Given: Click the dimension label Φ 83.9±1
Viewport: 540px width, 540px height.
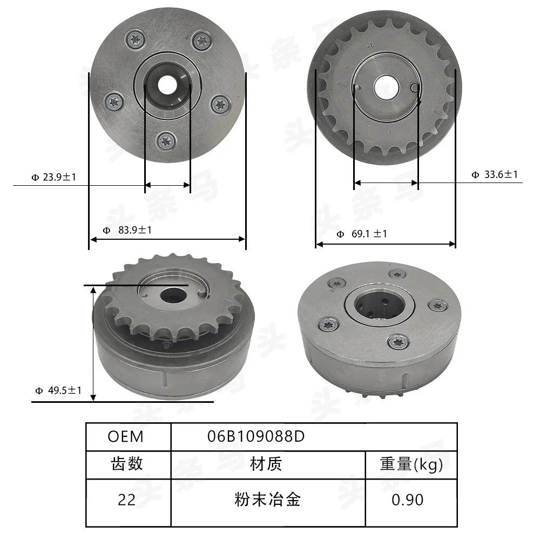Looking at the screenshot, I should tap(127, 230).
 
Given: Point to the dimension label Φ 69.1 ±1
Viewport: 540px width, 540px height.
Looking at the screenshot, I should tap(361, 234).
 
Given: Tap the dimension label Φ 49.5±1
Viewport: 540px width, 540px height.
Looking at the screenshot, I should tap(58, 390).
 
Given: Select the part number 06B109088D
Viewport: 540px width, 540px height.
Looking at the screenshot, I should tap(256, 436).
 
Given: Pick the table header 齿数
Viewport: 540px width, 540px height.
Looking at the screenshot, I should tap(127, 464).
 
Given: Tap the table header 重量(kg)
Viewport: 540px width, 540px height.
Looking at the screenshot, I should tap(411, 464).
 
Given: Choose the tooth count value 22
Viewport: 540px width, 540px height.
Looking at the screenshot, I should tap(127, 500).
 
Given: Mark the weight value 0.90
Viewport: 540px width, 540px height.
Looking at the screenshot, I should tap(408, 500).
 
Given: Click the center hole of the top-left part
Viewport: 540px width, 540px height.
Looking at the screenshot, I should tap(167, 83).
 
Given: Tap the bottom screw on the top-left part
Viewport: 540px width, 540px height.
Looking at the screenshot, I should tap(167, 141).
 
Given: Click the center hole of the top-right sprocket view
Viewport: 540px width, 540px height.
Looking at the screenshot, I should tap(385, 86).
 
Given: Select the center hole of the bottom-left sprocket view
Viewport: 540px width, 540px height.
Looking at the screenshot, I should tap(172, 295).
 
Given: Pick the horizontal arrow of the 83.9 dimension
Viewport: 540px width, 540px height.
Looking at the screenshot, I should tap(167, 239).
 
